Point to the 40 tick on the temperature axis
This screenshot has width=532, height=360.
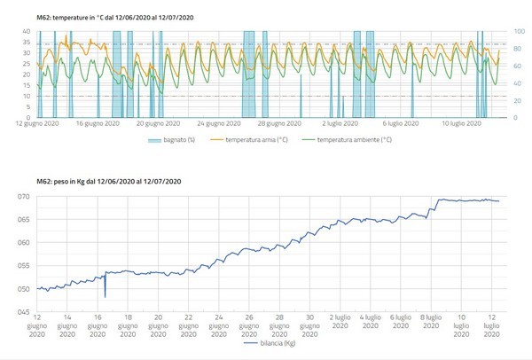[27, 31]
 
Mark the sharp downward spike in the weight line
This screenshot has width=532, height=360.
[105, 296]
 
